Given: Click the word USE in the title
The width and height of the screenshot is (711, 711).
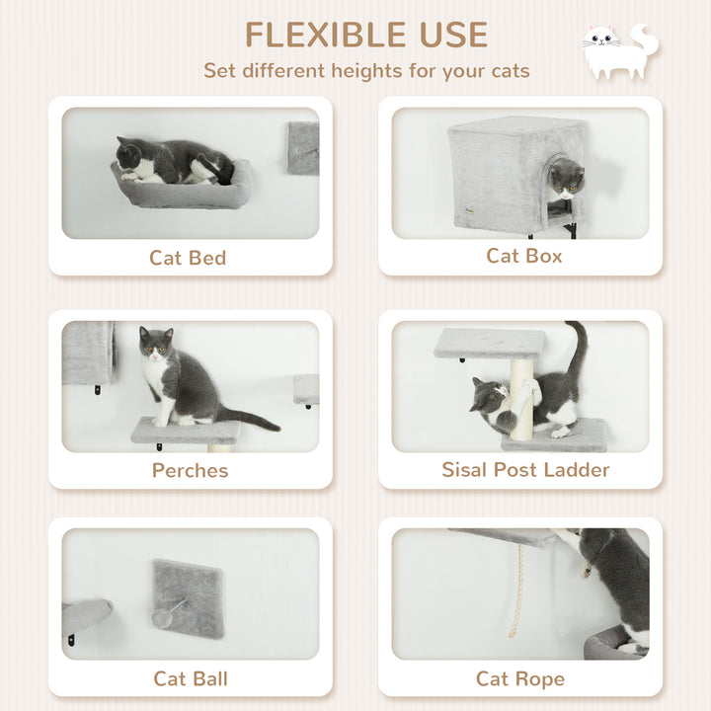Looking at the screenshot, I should tap(449, 35).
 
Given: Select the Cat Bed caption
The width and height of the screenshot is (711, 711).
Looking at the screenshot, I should tap(188, 258).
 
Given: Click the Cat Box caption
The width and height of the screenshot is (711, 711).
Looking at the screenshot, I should tap(523, 256).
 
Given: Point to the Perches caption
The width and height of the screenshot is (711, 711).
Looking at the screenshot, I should tap(190, 470).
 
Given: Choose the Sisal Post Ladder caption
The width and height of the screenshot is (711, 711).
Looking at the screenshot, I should tap(525, 470).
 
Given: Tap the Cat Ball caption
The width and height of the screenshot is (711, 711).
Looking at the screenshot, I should tap(190, 678).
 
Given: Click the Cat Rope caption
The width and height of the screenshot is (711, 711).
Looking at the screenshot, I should tap(520, 678).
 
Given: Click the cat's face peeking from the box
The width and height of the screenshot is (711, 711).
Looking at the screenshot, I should tap(567, 179).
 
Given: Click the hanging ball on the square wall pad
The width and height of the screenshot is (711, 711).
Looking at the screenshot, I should tap(162, 616).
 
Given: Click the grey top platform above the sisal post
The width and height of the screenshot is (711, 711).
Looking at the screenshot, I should tap(489, 342).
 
